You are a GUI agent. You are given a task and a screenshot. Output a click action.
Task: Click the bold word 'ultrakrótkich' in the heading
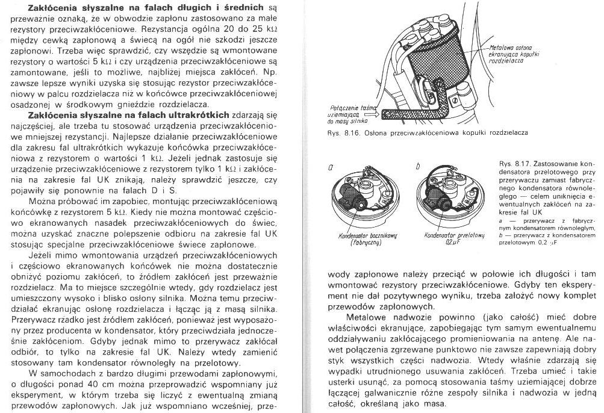click(x=199, y=114)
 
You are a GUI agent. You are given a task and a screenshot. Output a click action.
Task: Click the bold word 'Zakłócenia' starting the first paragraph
click(x=48, y=7)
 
